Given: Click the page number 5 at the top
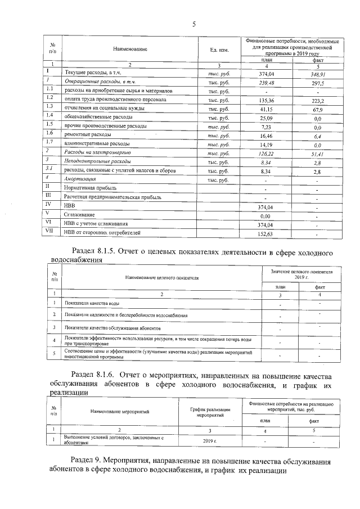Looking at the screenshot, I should coord(194,24).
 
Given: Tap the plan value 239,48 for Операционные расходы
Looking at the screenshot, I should coord(266,83).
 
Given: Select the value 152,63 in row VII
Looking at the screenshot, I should coord(266,232).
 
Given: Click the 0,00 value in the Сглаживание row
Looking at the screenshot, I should coord(266,214).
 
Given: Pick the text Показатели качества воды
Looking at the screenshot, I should coord(91,304).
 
